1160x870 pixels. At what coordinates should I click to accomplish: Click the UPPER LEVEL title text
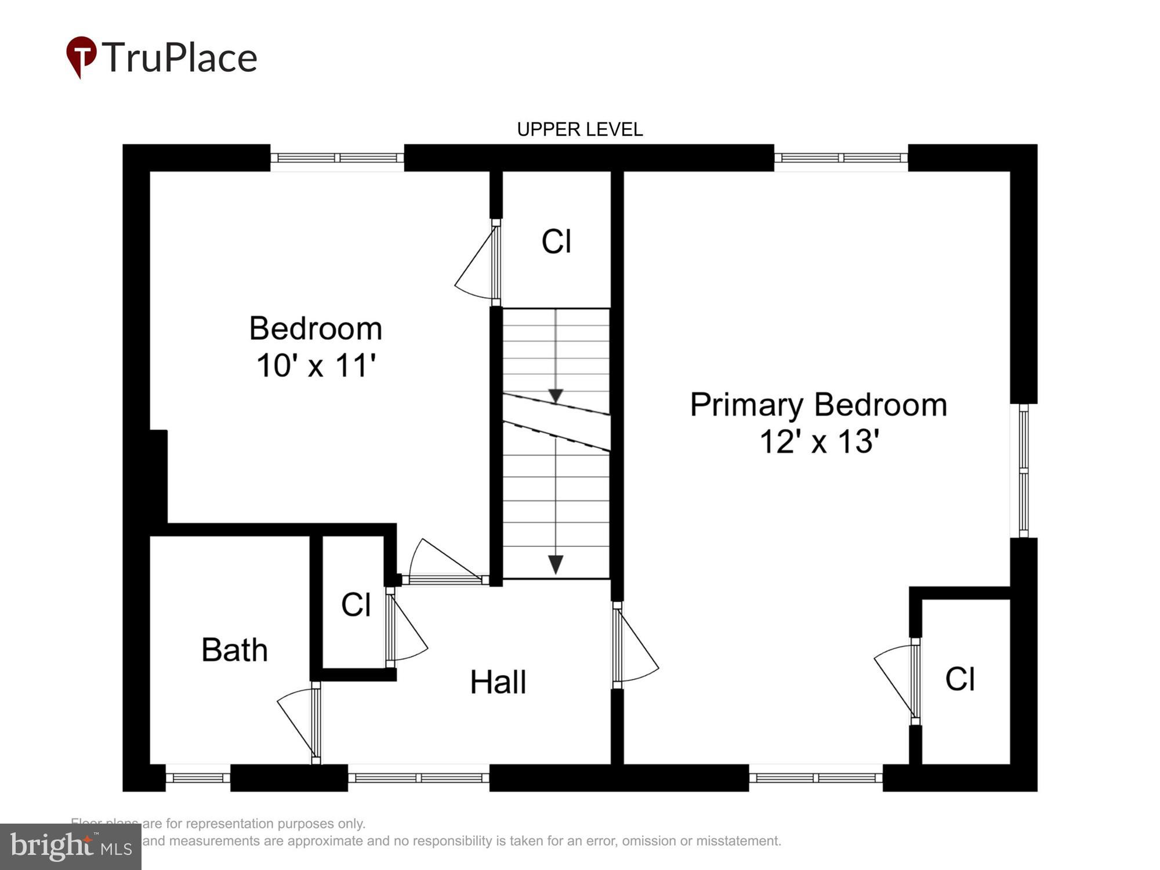pyautogui.click(x=579, y=129)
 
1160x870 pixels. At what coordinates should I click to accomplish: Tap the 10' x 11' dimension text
pyautogui.click(x=316, y=366)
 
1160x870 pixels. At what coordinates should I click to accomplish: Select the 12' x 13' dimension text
pyautogui.click(x=819, y=441)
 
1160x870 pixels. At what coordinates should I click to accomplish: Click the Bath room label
pyautogui.click(x=234, y=650)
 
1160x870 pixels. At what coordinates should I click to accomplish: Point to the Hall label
pyautogui.click(x=498, y=682)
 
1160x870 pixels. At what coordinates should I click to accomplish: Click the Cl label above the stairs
pyautogui.click(x=556, y=241)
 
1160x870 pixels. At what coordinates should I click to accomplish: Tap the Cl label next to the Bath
pyautogui.click(x=356, y=605)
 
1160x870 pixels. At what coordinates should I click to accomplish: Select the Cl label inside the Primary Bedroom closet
pyautogui.click(x=960, y=679)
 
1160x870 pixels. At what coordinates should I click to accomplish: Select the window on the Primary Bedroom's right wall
pyautogui.click(x=1024, y=470)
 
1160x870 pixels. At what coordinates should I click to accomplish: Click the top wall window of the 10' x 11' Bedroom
pyautogui.click(x=337, y=158)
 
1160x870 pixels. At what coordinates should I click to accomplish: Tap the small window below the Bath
pyautogui.click(x=198, y=778)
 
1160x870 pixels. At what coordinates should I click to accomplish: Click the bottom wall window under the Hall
pyautogui.click(x=419, y=778)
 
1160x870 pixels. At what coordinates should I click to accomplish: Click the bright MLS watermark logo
pyautogui.click(x=71, y=847)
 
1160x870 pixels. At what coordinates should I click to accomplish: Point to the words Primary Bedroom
pyautogui.click(x=818, y=405)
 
